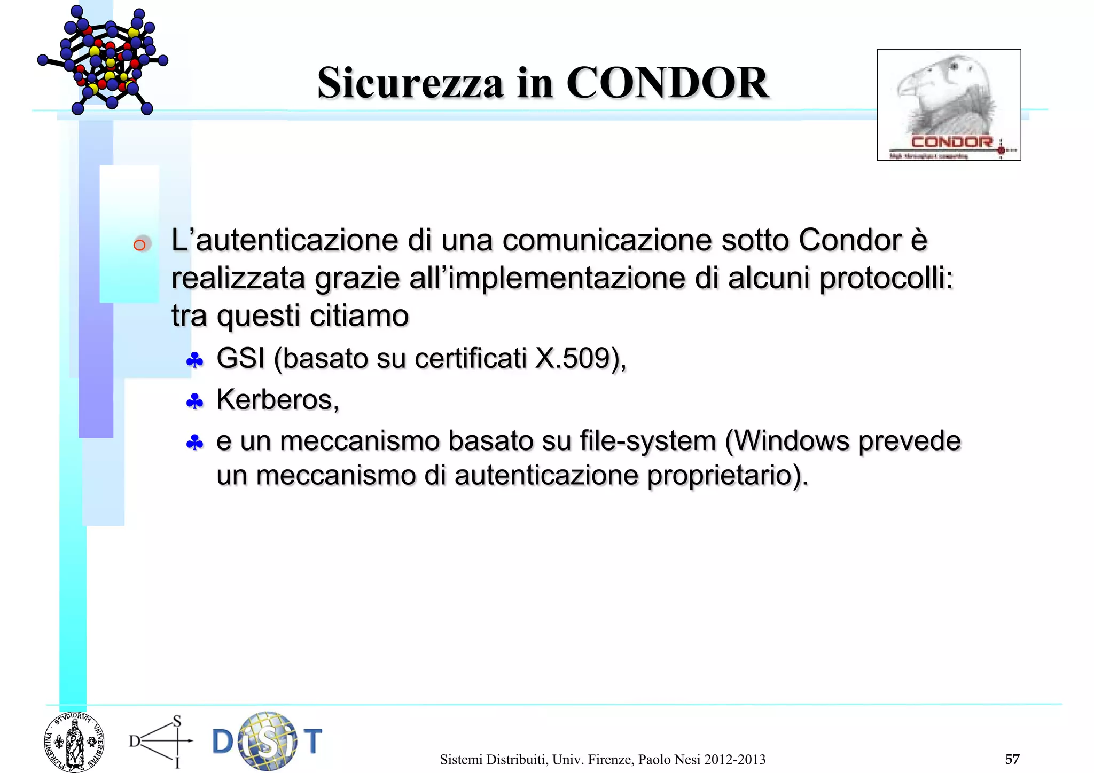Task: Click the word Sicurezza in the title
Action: point(410,83)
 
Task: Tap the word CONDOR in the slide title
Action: point(667,83)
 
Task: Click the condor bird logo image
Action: point(949,105)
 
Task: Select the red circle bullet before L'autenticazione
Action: point(140,245)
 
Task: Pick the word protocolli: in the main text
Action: point(886,278)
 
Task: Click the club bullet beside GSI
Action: point(194,361)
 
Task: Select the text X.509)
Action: point(580,358)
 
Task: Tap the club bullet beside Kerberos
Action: point(194,401)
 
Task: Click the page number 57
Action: point(1012,759)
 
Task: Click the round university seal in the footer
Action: point(74,742)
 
